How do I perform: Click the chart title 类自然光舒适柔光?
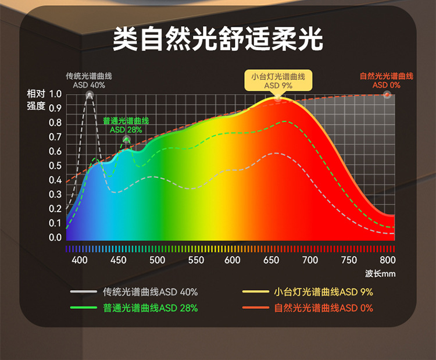(218, 38)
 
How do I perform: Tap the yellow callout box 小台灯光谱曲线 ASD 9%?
(278, 81)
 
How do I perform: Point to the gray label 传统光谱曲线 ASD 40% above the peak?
(89, 81)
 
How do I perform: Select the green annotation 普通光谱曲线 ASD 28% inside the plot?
(126, 125)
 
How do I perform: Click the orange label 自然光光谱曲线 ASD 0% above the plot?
(387, 81)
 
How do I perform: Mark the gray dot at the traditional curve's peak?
(89, 94)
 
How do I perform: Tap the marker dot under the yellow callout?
(278, 98)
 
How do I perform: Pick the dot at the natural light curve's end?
(387, 94)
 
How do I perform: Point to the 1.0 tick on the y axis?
(55, 94)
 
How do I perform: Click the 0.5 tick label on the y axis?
(55, 166)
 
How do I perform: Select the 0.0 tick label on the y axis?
(55, 237)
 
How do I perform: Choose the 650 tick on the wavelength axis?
(271, 260)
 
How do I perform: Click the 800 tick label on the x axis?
(387, 260)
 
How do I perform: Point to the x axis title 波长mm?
(380, 274)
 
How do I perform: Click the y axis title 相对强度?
(35, 100)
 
